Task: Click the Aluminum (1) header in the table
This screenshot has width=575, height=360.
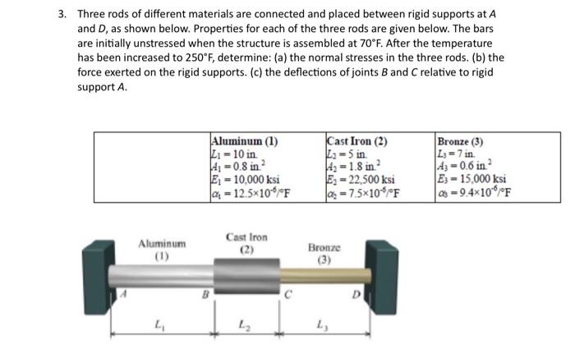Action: tap(244, 140)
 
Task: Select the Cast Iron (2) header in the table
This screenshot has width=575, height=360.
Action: tap(357, 140)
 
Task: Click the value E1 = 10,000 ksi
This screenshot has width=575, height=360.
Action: tap(246, 179)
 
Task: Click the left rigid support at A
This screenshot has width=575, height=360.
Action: tap(98, 272)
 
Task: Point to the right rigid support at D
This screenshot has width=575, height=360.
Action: tap(382, 270)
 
